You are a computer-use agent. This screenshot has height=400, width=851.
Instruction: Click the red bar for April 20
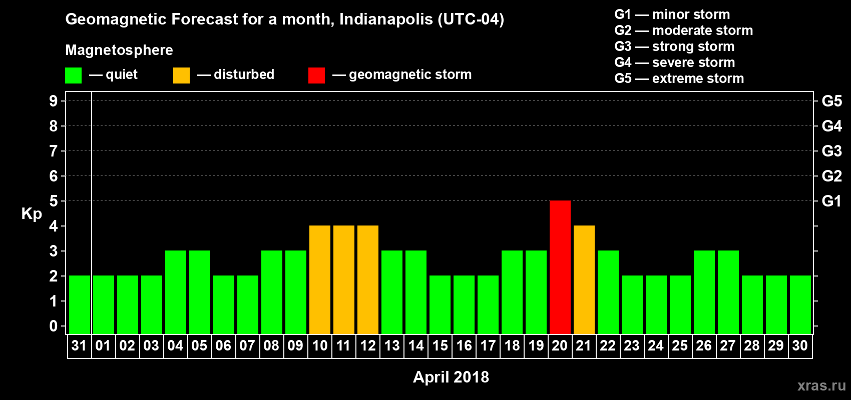tap(560, 267)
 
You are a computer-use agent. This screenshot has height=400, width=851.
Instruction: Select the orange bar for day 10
tap(320, 279)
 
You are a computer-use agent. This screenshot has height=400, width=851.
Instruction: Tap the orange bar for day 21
tap(584, 279)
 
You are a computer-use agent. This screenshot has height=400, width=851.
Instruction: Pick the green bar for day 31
tap(80, 304)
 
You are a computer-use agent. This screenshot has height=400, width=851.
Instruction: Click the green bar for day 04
tap(176, 292)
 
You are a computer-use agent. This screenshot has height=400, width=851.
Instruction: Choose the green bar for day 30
tap(800, 304)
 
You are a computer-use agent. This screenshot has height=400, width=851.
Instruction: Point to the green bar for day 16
tap(464, 304)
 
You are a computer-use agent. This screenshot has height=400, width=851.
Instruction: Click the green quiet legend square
tap(73, 75)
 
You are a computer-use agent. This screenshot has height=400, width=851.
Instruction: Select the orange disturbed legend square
tap(181, 75)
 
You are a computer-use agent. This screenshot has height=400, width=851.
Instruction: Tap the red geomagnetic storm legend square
tap(316, 75)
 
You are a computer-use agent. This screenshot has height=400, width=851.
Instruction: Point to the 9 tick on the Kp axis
tap(54, 101)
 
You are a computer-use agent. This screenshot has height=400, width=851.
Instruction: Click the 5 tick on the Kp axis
tap(54, 201)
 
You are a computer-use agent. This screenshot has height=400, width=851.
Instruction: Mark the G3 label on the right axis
tap(831, 151)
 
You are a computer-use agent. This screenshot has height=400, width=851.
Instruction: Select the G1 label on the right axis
tap(831, 201)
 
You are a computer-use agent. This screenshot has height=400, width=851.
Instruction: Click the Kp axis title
tap(32, 214)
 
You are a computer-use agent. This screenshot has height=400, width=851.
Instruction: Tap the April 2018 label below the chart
tap(451, 377)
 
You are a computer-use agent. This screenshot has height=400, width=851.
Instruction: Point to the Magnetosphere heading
tap(119, 50)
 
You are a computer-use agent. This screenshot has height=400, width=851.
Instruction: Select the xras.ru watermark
tap(821, 385)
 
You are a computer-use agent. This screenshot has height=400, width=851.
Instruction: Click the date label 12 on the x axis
tap(368, 345)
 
